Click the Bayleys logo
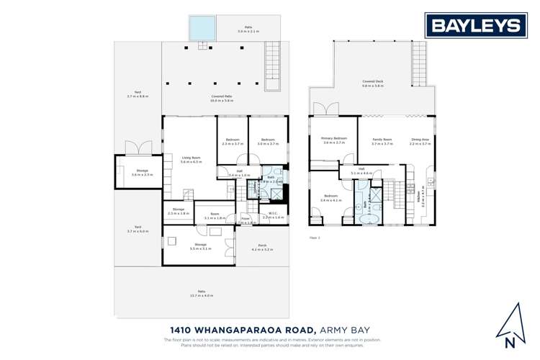click(x=475, y=26)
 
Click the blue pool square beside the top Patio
click(x=202, y=29)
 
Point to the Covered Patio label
click(x=221, y=99)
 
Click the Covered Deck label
click(x=372, y=84)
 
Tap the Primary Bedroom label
click(x=335, y=140)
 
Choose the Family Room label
click(x=382, y=140)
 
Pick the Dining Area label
click(x=420, y=140)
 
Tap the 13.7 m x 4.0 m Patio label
click(x=202, y=293)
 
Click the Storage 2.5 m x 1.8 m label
click(x=179, y=211)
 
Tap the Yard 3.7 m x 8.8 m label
click(x=138, y=94)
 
